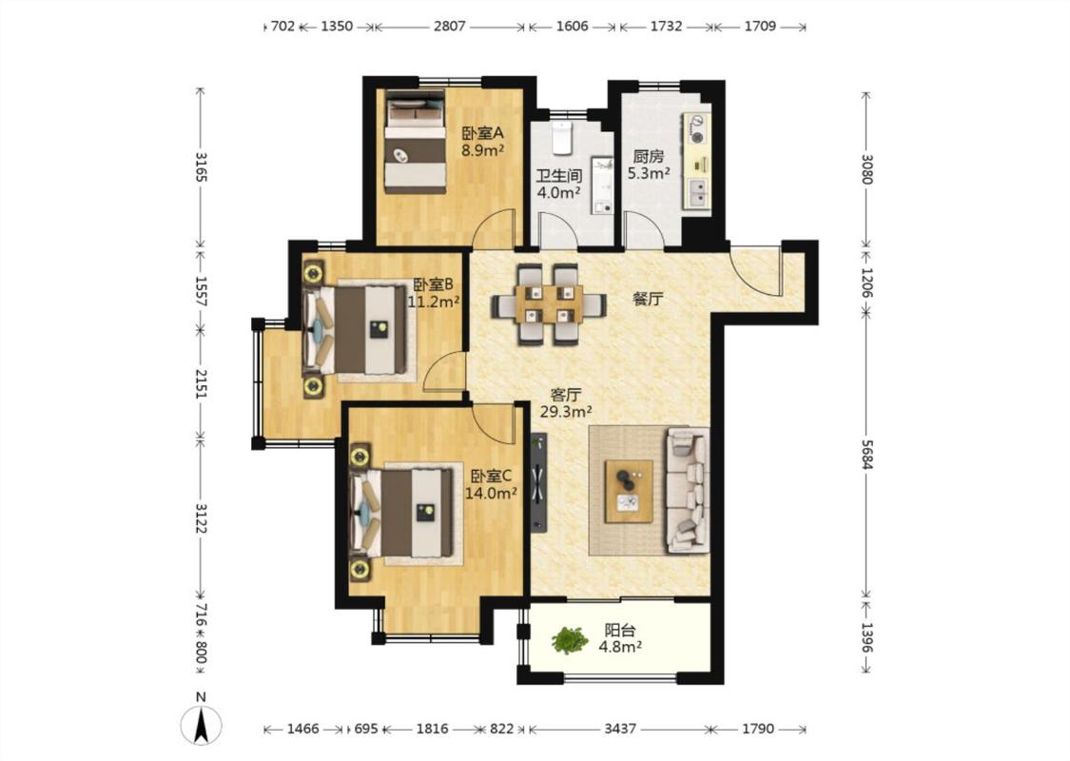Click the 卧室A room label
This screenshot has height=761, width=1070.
pos(482,132)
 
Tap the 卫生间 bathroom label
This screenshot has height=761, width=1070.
pos(558,175)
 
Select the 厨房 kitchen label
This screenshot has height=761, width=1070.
pos(649,156)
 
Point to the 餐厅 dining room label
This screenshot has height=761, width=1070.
pos(648,299)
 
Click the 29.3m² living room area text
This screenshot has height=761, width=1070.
pos(566,412)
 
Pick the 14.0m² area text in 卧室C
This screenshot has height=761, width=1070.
pos(491,493)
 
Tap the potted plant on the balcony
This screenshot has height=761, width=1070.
pos(569,641)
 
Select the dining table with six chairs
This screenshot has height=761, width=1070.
pos(550,304)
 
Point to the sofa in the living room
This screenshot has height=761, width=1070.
pos(688,489)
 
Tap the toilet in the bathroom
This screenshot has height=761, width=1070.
pos(561,139)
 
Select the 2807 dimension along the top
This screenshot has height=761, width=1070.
pos(449,26)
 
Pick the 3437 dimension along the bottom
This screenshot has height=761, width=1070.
pos(619,729)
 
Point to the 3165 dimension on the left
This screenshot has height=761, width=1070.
pos(201,166)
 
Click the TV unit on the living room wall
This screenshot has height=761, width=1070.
pos(540,482)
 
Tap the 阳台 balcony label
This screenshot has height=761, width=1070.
pos(619,631)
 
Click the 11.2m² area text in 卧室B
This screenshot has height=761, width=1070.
pos(434,301)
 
